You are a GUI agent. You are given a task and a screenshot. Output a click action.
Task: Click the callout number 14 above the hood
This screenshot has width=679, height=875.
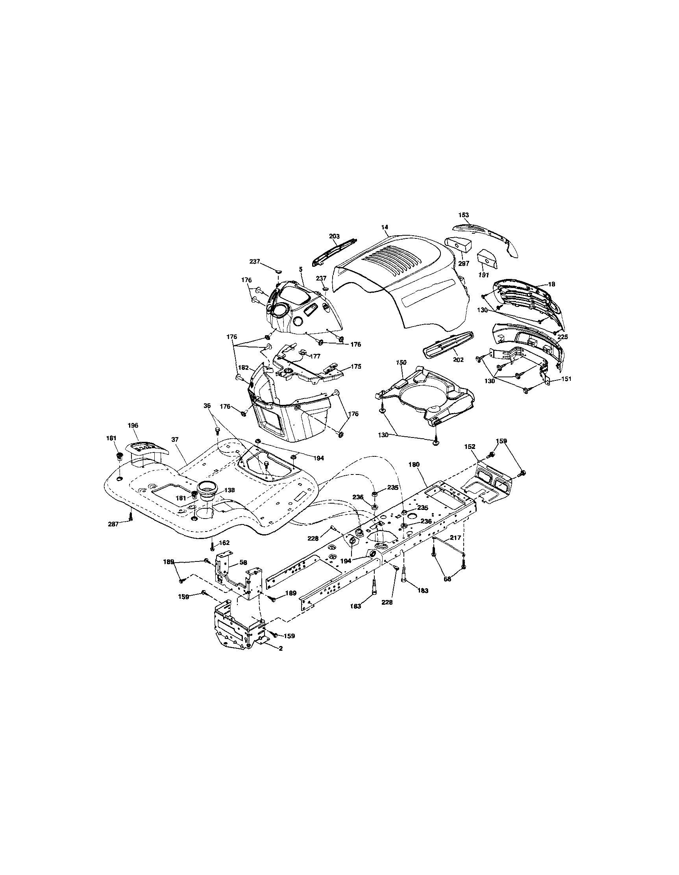point(385,227)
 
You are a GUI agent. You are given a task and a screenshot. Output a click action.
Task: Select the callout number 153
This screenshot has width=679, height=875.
point(463,215)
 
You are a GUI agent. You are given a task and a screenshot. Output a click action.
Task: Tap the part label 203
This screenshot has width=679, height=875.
point(334,236)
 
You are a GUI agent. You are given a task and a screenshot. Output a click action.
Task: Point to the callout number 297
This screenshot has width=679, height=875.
point(464,264)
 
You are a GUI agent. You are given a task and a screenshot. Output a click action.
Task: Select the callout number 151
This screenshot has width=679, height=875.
point(566,378)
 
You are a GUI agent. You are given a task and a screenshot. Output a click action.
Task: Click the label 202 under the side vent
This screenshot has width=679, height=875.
point(458,360)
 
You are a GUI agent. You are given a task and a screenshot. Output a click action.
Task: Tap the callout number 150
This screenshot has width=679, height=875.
point(401,362)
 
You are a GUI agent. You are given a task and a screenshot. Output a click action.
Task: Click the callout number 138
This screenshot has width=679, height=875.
point(229,489)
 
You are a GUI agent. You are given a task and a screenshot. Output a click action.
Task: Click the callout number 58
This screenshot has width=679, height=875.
point(243,563)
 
